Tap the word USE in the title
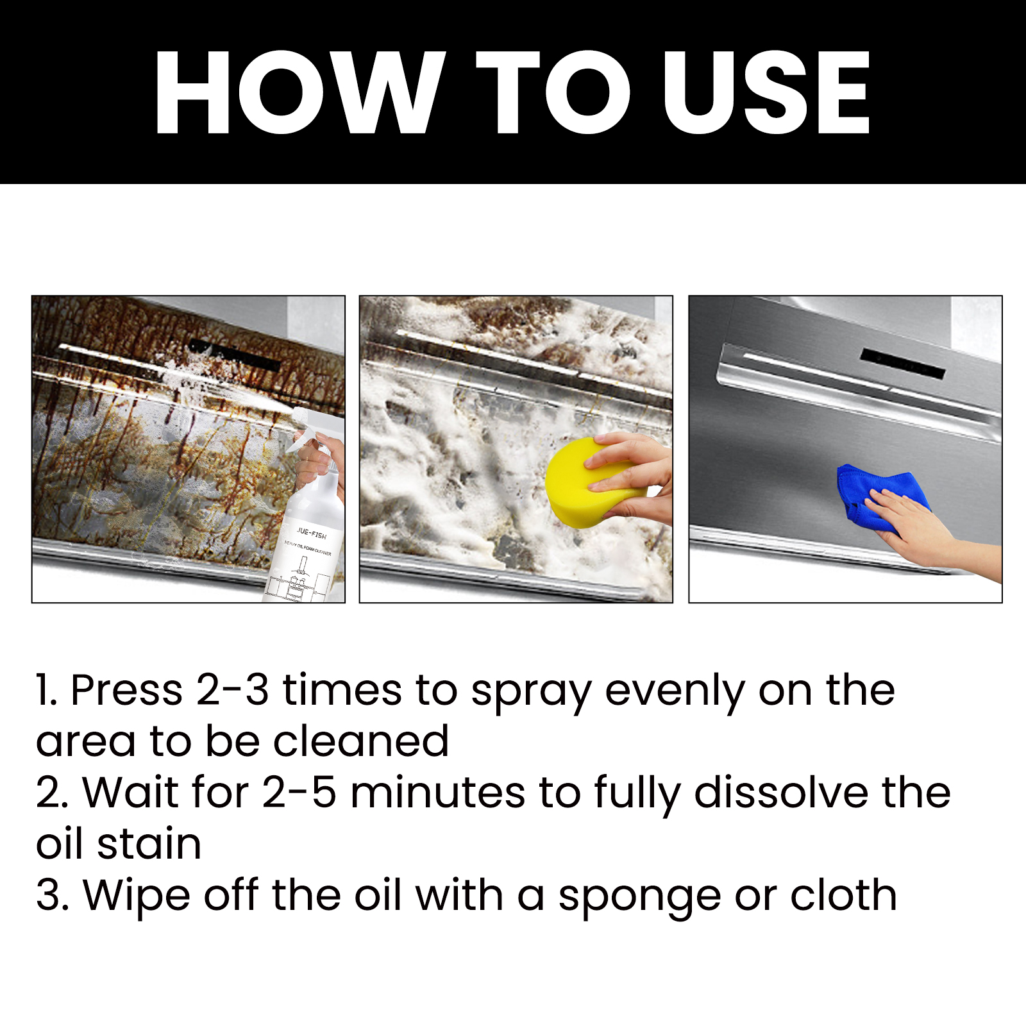click(766, 93)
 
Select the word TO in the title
click(552, 93)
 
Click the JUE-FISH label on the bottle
click(312, 533)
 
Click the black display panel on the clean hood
click(903, 364)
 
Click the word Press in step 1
click(126, 691)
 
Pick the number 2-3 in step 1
click(232, 691)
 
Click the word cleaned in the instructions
click(360, 742)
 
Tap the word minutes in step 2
click(437, 793)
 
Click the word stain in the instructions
click(149, 845)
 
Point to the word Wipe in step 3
click(136, 896)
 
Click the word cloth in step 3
click(843, 896)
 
